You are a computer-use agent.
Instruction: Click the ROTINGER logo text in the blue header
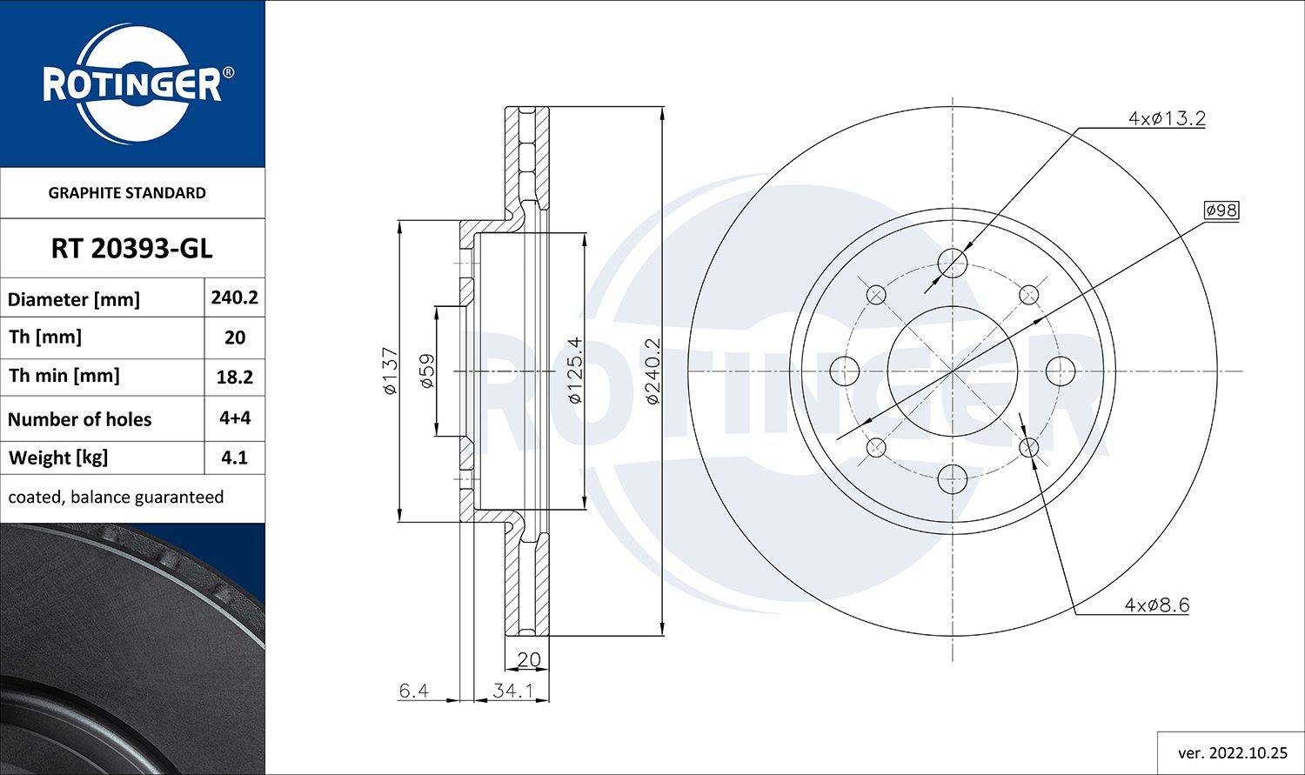pyautogui.click(x=132, y=85)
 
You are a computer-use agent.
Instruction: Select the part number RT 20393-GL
pyautogui.click(x=131, y=249)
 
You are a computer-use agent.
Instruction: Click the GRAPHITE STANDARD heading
pyautogui.click(x=127, y=193)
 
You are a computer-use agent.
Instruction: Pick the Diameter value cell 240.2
pyautogui.click(x=234, y=297)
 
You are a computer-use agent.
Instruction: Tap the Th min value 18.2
pyautogui.click(x=234, y=377)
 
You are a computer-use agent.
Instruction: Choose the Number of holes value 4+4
pyautogui.click(x=234, y=418)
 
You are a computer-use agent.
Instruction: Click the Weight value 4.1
pyautogui.click(x=234, y=458)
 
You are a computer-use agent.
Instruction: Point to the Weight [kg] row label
pyautogui.click(x=58, y=458)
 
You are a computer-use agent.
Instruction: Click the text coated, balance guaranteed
pyautogui.click(x=116, y=497)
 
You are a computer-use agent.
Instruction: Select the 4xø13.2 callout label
pyautogui.click(x=1166, y=118)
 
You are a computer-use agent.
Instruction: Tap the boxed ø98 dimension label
pyautogui.click(x=1221, y=210)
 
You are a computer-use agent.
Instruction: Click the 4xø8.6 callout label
pyautogui.click(x=1156, y=605)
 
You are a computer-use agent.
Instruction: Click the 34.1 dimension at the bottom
pyautogui.click(x=512, y=691)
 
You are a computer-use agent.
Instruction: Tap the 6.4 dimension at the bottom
pyautogui.click(x=413, y=691)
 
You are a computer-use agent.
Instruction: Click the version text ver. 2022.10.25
pyautogui.click(x=1232, y=752)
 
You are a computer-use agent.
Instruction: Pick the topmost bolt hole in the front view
pyautogui.click(x=954, y=263)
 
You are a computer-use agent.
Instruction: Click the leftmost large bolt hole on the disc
pyautogui.click(x=845, y=371)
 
